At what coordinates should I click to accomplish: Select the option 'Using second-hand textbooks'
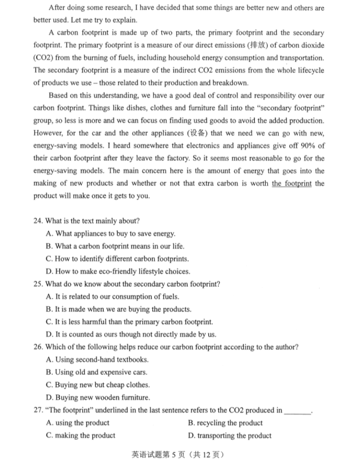click(102, 360)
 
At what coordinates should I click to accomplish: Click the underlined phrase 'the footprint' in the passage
click(291, 184)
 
